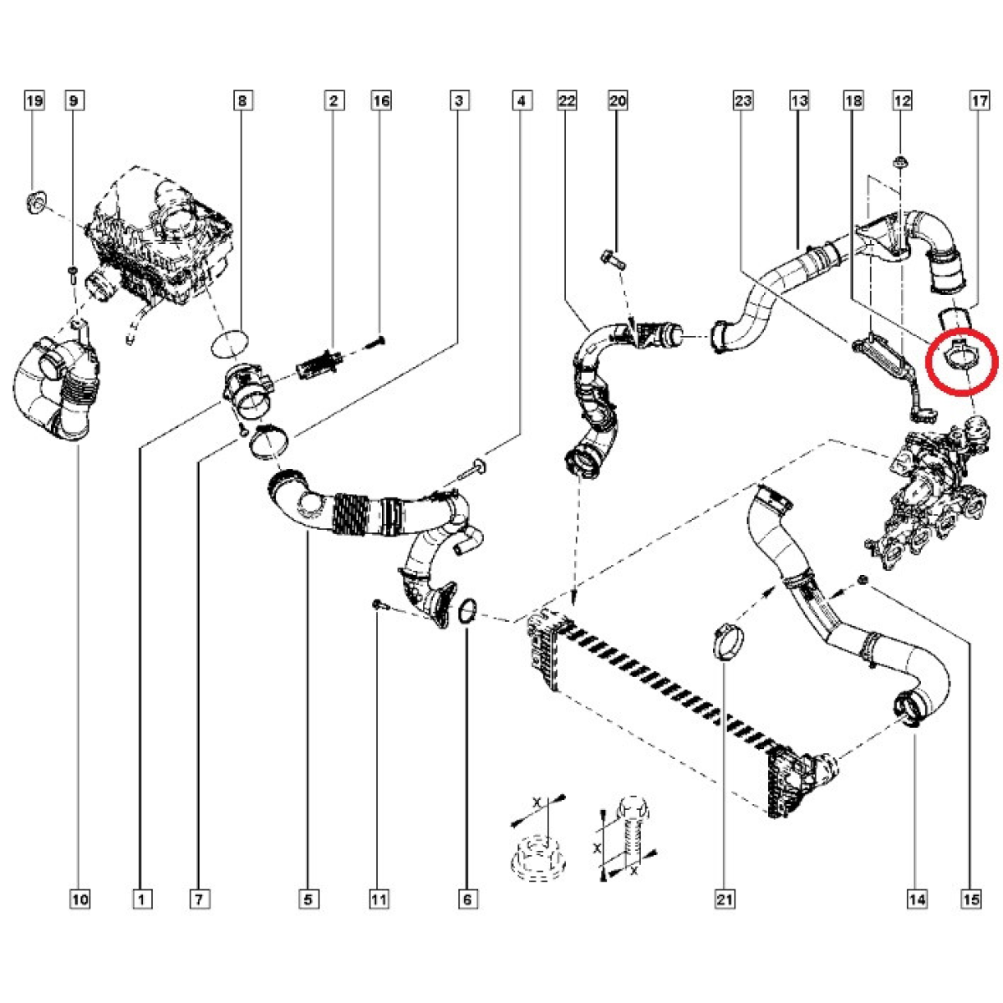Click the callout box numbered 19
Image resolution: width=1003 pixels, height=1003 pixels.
click(x=33, y=101)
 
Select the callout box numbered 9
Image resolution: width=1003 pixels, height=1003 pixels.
click(x=74, y=101)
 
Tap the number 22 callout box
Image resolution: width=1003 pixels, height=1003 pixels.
click(x=567, y=101)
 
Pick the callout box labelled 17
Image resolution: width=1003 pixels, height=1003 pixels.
click(x=980, y=101)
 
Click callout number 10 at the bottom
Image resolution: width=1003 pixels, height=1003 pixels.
click(x=79, y=899)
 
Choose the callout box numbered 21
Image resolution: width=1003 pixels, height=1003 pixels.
click(x=724, y=899)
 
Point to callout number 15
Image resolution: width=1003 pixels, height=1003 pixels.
click(x=970, y=899)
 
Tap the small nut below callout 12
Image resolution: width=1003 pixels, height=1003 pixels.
click(x=901, y=160)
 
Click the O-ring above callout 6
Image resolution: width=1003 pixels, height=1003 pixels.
click(x=468, y=612)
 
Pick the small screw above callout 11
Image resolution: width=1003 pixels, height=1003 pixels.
click(x=378, y=603)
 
